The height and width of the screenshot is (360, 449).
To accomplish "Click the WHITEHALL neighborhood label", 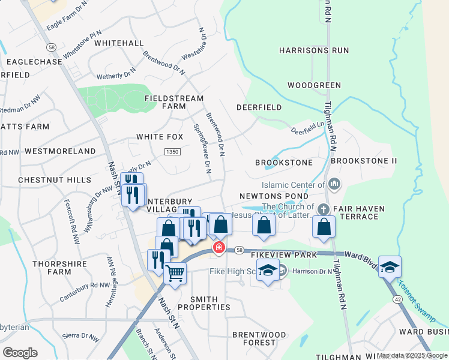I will tap(119, 43).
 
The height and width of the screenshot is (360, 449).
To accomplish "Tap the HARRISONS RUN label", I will tap(314, 50).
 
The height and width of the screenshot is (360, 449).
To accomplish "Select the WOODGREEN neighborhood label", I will tap(314, 85).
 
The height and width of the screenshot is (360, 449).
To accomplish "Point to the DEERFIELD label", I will tap(259, 107).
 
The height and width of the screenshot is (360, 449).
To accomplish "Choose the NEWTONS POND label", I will tap(274, 196).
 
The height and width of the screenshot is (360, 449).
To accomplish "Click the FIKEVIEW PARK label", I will tap(283, 255).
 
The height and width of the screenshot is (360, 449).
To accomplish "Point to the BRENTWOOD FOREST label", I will tap(259, 338).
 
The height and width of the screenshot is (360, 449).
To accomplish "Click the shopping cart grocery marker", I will tap(175, 274).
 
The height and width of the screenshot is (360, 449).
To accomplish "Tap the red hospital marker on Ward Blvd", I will tap(219, 247).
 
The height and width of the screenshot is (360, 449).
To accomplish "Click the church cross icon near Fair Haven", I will tap(324, 209).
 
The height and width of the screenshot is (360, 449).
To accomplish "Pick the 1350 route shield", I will tap(172, 153).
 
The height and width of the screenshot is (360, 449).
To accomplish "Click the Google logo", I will tap(20, 352).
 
